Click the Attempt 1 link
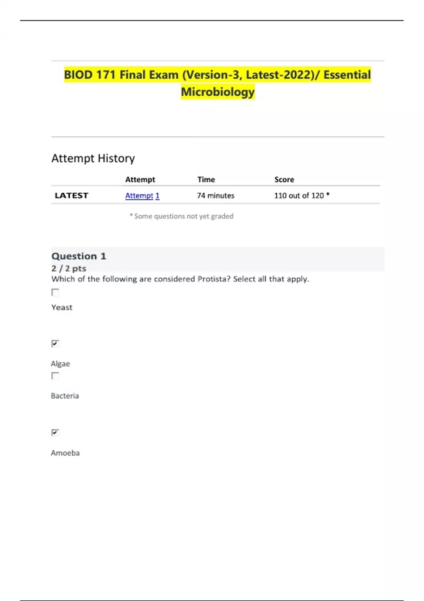point(142,196)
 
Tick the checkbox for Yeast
point(55,292)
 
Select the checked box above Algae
point(55,344)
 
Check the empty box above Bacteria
point(55,376)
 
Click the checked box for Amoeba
point(55,432)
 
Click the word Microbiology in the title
point(218,92)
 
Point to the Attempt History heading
point(93,158)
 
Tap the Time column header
point(206,180)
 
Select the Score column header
point(284,180)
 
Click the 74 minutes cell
point(216,196)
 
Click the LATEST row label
point(71,196)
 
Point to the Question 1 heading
point(79,256)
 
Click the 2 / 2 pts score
point(69,268)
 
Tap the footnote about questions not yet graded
point(182,216)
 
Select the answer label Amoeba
point(65,453)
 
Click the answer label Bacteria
point(65,396)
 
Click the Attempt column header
point(140,180)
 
